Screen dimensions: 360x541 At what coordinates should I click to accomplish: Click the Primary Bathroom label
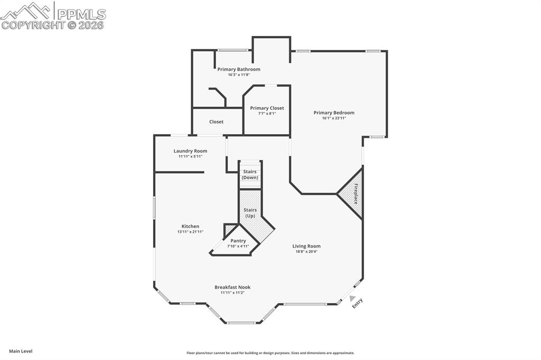[239, 69]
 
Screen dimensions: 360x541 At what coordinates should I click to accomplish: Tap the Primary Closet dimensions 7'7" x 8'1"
[267, 113]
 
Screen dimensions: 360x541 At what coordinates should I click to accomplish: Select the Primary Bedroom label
[334, 112]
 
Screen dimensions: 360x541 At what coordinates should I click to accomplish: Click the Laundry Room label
[190, 151]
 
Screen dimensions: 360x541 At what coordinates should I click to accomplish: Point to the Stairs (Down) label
[250, 174]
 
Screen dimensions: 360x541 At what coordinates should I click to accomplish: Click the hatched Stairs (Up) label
[250, 213]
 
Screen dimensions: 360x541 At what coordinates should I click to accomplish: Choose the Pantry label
[238, 241]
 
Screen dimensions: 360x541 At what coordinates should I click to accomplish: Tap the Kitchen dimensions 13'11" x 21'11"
[190, 232]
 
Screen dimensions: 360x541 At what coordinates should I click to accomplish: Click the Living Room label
[306, 246]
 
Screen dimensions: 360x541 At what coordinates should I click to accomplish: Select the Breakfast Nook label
[232, 287]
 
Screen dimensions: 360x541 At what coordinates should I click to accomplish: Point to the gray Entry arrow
[352, 299]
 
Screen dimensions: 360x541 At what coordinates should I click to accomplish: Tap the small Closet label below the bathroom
[216, 121]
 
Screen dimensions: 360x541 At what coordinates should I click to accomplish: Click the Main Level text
[21, 351]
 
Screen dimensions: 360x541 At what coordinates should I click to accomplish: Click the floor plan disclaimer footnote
[270, 353]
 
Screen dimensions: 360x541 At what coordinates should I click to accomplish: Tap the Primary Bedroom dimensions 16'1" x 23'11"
[334, 118]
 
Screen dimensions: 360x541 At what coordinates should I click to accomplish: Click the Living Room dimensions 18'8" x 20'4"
[306, 252]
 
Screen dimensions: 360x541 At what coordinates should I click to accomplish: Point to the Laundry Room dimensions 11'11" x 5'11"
[190, 156]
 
